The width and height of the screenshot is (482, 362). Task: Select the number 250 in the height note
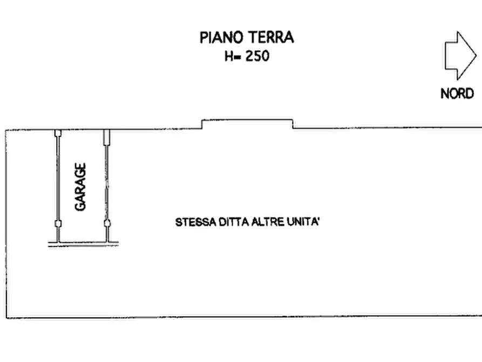(x=257, y=56)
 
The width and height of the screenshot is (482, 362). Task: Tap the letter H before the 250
(x=229, y=56)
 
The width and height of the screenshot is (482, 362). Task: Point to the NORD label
(x=457, y=93)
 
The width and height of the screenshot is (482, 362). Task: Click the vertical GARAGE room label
(x=81, y=187)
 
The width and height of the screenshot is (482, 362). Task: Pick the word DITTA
(x=232, y=222)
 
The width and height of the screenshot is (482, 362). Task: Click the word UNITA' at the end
(x=303, y=222)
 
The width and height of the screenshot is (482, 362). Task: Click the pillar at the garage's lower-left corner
(x=58, y=223)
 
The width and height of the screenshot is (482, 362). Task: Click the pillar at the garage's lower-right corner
(x=107, y=223)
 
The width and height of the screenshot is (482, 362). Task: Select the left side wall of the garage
(x=57, y=178)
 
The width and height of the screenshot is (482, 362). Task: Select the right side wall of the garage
(x=106, y=178)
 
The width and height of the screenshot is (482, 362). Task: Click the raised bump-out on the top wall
(x=248, y=123)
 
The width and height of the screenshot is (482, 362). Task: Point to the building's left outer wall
(x=6, y=222)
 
